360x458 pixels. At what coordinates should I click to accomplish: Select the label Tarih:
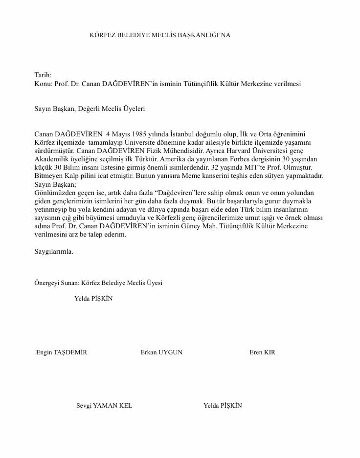coord(43,75)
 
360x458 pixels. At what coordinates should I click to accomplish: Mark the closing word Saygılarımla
coord(54,251)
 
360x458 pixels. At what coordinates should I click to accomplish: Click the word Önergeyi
coord(47,283)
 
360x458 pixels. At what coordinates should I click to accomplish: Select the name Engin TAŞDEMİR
coord(62,352)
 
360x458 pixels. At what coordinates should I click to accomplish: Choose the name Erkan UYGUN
coord(161,352)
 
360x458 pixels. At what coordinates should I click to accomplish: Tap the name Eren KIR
coord(262,352)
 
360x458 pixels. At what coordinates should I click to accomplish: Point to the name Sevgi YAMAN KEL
coord(104,406)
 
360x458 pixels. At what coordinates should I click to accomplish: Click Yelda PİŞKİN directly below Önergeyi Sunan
coord(93,299)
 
